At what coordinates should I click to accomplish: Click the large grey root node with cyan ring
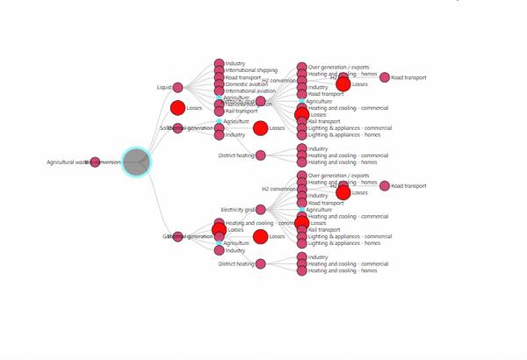[x=135, y=162]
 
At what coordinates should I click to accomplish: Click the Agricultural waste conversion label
[x=84, y=162]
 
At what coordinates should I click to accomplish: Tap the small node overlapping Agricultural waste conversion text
[x=96, y=162]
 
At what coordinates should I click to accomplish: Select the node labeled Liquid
[x=177, y=87]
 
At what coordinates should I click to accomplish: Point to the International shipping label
[x=251, y=70]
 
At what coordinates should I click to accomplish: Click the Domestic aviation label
[x=247, y=84]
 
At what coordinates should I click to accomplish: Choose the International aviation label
[x=250, y=91]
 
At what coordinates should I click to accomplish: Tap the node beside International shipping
[x=220, y=70]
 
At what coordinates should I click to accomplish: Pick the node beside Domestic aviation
[x=220, y=84]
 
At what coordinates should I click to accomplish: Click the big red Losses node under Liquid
[x=177, y=108]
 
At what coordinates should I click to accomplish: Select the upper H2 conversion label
[x=278, y=81]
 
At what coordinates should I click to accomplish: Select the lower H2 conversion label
[x=278, y=189]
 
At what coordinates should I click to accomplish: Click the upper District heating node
[x=260, y=155]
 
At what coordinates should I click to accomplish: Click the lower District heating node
[x=260, y=263]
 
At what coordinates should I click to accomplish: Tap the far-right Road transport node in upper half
[x=385, y=77]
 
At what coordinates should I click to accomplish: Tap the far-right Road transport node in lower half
[x=385, y=186]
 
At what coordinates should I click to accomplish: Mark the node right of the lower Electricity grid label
[x=260, y=210]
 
